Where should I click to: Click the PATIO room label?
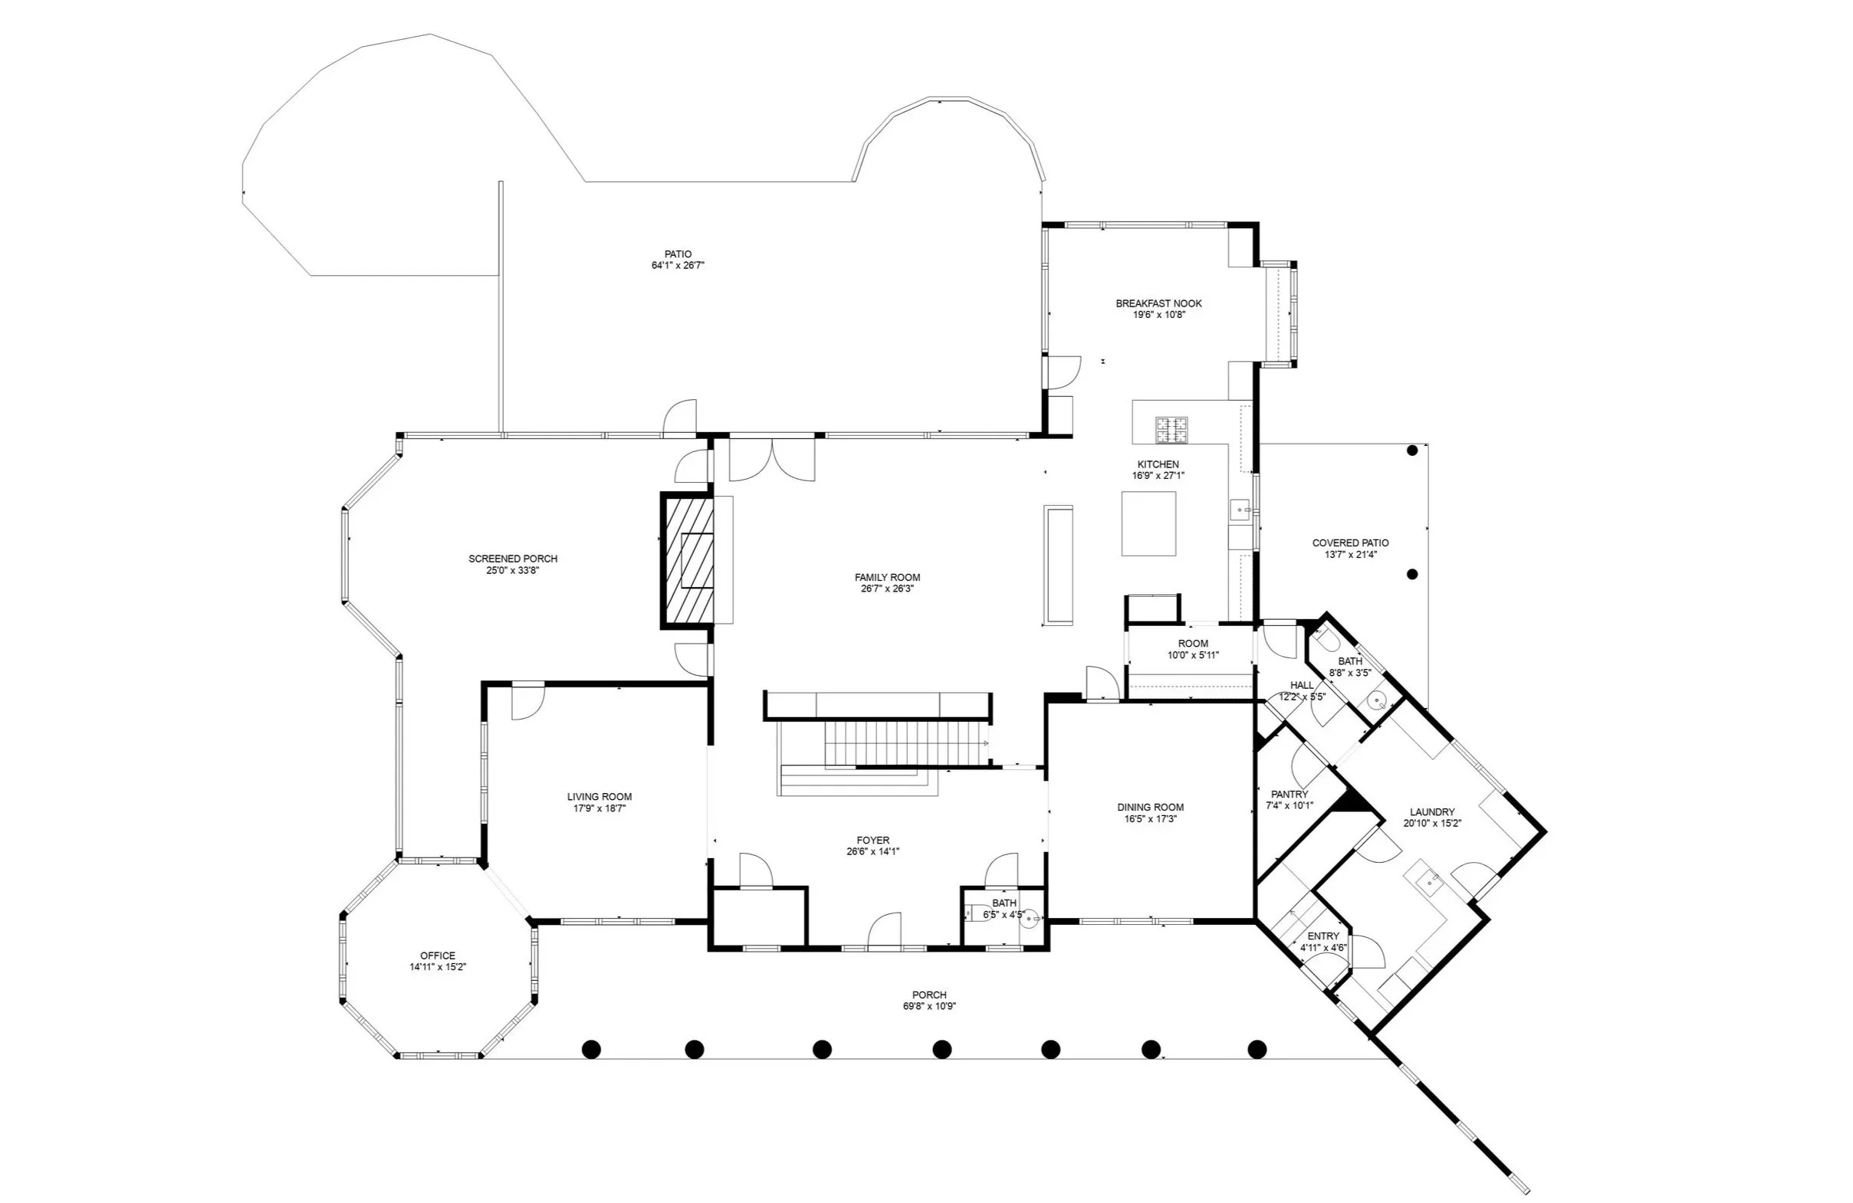coord(678,254)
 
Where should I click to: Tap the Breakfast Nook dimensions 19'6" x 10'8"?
coord(1158,315)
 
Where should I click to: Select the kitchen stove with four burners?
coord(1171,430)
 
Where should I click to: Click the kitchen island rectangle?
coord(1148,523)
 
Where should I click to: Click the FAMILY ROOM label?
coord(887,578)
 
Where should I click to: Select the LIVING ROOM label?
coord(599,797)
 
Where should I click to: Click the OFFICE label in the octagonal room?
coord(438,956)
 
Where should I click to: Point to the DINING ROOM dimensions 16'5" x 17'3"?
coord(1150,819)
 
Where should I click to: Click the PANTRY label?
coord(1290,795)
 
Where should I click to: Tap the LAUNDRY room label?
coord(1432,811)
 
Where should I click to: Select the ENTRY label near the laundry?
coord(1323,936)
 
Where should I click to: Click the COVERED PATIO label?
coord(1350,543)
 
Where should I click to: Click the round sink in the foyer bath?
coord(1030,918)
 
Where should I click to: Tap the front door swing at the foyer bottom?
coord(885,931)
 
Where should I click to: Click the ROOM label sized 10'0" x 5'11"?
coord(1193,644)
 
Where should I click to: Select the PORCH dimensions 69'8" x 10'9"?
coord(929,1006)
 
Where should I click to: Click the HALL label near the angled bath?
coord(1302,686)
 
